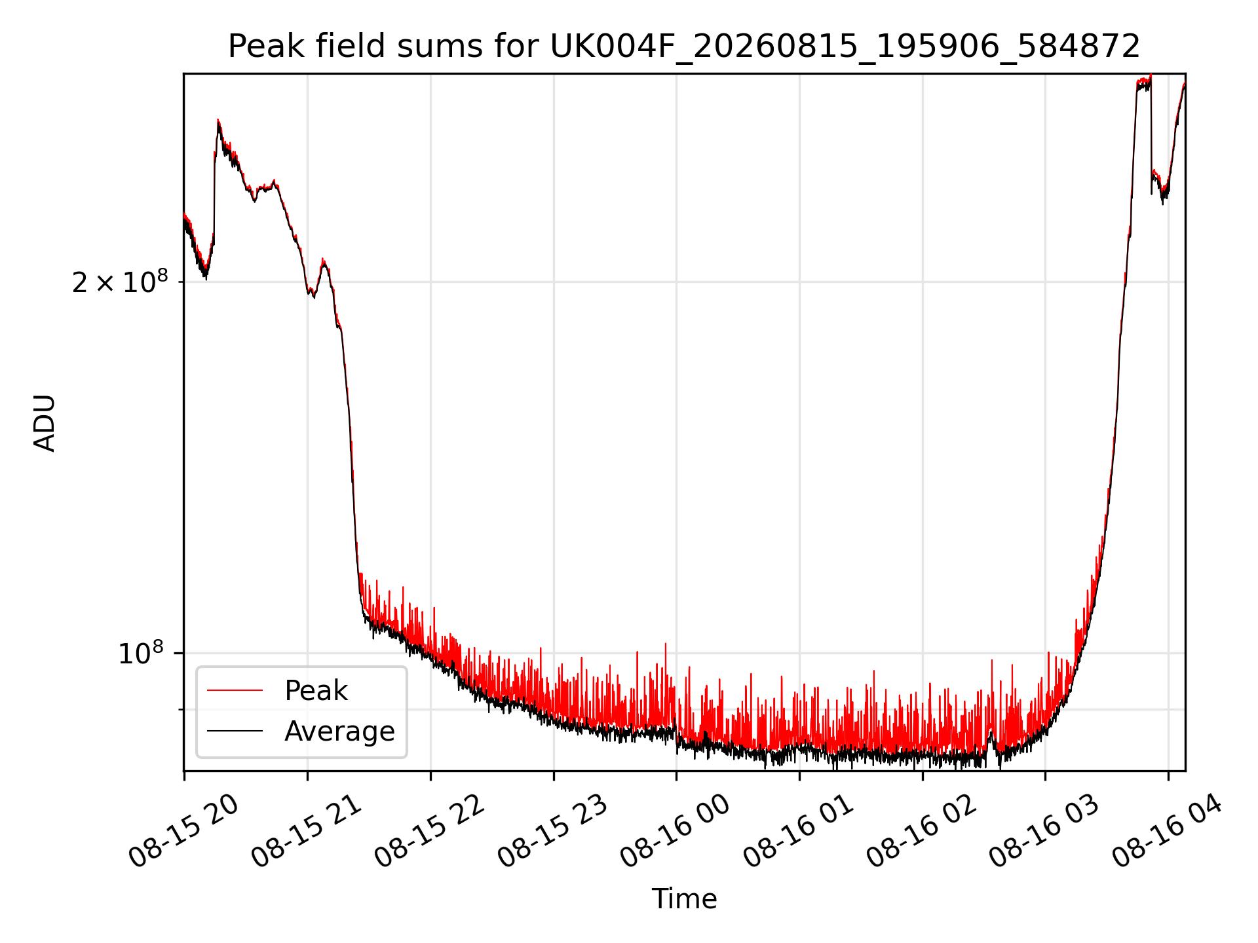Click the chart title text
tap(684, 46)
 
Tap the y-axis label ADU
tap(45, 422)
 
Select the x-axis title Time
tap(684, 898)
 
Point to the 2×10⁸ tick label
tap(120, 282)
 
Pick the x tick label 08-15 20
tap(183, 830)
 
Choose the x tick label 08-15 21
tap(307, 830)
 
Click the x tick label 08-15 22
tap(430, 830)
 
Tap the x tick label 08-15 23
tap(553, 830)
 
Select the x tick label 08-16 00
tap(676, 830)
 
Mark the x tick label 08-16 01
tap(799, 830)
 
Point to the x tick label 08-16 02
tap(922, 830)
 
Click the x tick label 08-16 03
tap(1044, 830)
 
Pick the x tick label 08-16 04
tap(1168, 830)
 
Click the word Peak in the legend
tap(316, 691)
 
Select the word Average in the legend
tap(339, 731)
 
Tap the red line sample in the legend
tap(235, 690)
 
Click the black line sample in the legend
tap(235, 731)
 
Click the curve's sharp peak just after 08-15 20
tap(218, 120)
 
